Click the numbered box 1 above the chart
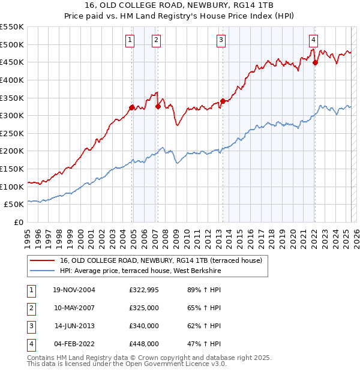(130, 40)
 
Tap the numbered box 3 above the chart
(221, 40)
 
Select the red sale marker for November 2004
(132, 107)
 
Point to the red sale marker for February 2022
(315, 62)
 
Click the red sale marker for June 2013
(223, 101)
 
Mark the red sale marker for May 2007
(158, 107)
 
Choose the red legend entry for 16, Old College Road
(160, 260)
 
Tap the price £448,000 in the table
(144, 344)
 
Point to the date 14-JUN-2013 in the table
(74, 326)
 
